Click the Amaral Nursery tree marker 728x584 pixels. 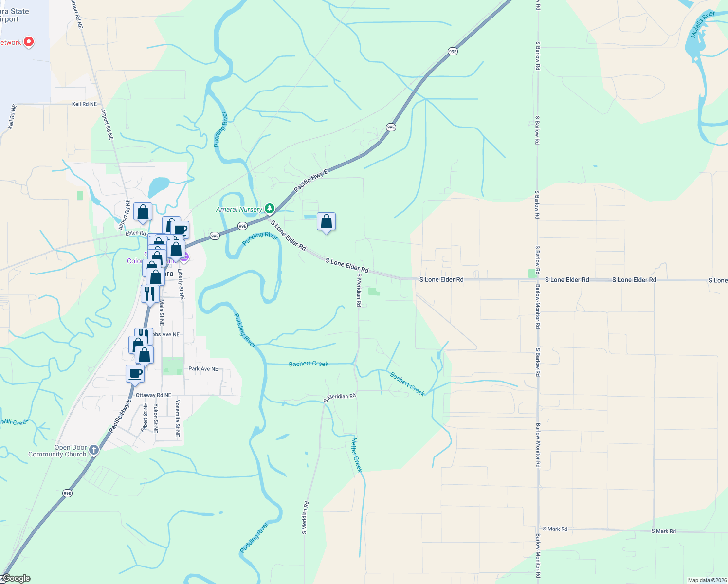[270, 209]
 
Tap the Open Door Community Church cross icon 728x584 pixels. [94, 450]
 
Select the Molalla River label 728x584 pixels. [703, 24]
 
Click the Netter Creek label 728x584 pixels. [357, 455]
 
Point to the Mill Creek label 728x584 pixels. [15, 422]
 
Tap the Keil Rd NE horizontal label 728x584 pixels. [84, 104]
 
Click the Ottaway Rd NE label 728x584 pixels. [153, 395]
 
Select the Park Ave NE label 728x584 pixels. [203, 369]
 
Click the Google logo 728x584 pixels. [16, 578]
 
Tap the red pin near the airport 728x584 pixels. [29, 42]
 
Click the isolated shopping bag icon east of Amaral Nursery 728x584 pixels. [326, 222]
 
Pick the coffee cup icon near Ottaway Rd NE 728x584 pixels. [135, 374]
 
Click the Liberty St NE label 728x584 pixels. [181, 283]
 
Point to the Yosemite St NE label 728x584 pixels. [178, 418]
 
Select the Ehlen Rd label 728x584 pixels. [136, 233]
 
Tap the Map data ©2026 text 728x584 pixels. [707, 580]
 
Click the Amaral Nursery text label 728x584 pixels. [239, 210]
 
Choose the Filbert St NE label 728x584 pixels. [145, 418]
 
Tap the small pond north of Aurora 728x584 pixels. [159, 186]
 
